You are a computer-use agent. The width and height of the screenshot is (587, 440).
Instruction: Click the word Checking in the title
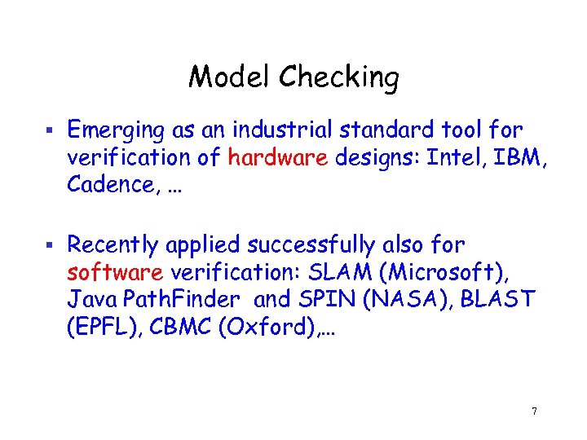tap(338, 79)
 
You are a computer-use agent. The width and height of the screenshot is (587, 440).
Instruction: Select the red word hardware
tap(278, 157)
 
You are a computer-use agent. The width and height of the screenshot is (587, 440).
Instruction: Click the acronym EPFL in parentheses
tap(100, 326)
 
